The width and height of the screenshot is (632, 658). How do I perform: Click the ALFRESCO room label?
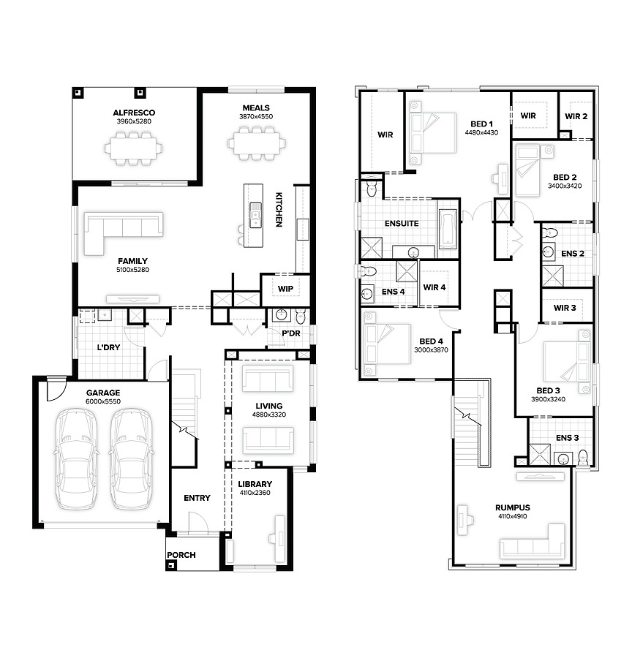tap(134, 113)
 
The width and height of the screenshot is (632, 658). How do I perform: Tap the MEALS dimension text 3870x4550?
tap(256, 117)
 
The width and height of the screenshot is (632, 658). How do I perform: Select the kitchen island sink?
tap(255, 215)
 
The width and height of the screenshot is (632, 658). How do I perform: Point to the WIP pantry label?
tap(285, 289)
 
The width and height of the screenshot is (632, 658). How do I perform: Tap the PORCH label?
tap(181, 555)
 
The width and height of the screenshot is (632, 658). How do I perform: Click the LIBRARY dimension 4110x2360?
tap(255, 493)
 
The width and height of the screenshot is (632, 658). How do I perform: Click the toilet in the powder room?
tap(301, 316)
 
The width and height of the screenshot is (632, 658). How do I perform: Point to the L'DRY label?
tap(108, 347)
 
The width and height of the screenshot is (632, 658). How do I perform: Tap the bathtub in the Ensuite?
tap(448, 229)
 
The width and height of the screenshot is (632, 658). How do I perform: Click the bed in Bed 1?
tap(432, 132)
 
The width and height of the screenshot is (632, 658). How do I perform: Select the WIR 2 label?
tap(576, 116)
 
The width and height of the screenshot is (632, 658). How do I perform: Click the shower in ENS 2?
tap(552, 276)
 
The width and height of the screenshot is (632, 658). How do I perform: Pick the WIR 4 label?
tap(434, 287)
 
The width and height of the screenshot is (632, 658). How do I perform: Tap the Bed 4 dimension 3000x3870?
tap(431, 350)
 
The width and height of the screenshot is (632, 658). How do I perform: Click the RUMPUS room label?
tap(512, 508)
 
